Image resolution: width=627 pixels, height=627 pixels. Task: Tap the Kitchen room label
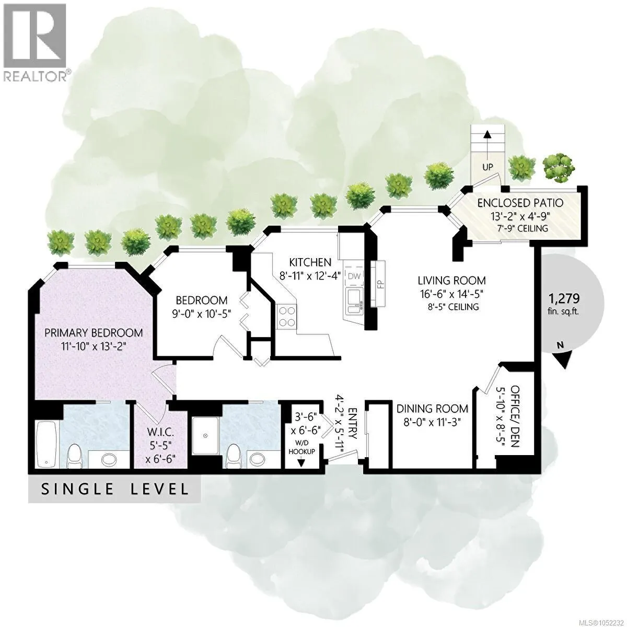click(x=310, y=262)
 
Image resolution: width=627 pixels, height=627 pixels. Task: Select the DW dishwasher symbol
click(x=354, y=276)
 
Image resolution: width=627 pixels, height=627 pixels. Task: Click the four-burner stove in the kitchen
click(x=287, y=316)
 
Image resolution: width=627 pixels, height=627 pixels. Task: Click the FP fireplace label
click(x=381, y=284)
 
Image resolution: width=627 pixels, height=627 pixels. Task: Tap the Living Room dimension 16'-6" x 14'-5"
click(x=450, y=294)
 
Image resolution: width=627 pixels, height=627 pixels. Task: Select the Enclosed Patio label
click(x=520, y=203)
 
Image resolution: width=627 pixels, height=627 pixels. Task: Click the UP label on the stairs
click(x=487, y=167)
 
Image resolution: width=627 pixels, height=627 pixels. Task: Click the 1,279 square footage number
click(x=564, y=298)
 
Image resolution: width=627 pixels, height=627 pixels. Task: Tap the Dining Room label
click(x=432, y=409)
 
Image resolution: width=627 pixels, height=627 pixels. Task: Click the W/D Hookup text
click(x=301, y=448)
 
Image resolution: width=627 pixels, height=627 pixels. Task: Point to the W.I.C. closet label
click(x=160, y=432)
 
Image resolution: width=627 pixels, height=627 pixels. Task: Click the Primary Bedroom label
click(x=94, y=333)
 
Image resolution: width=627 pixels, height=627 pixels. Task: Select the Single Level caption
click(x=115, y=489)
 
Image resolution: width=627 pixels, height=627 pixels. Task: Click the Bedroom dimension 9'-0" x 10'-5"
click(x=201, y=314)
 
